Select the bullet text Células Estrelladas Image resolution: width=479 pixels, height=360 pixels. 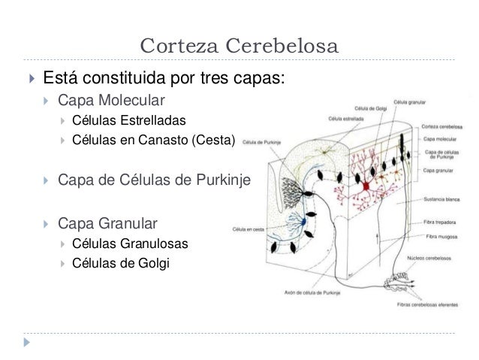click(125, 120)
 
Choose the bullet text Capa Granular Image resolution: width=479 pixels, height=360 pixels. click(108, 223)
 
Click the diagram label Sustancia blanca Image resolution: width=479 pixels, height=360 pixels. click(441, 201)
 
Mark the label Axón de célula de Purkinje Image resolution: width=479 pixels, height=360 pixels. click(312, 293)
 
